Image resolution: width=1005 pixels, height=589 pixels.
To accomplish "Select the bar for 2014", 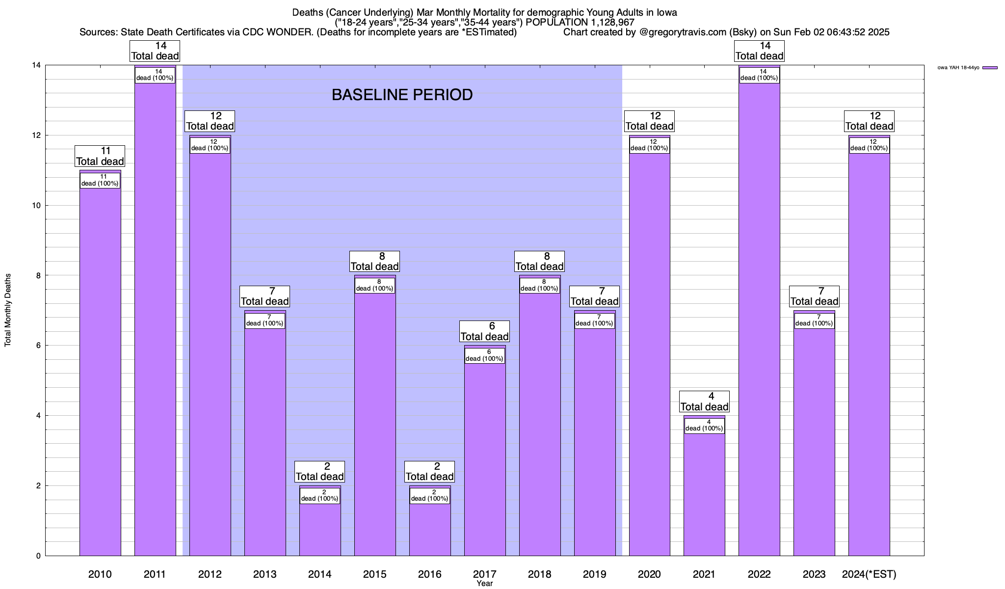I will tap(320, 530).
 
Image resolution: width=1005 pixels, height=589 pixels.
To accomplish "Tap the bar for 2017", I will tap(485, 461).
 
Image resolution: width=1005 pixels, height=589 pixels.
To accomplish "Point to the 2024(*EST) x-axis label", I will tap(869, 574).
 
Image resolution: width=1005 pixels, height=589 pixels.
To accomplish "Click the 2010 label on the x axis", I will tap(100, 574).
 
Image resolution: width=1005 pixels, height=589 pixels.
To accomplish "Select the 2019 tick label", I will tap(594, 574).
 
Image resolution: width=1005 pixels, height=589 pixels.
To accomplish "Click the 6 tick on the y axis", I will tap(37, 346).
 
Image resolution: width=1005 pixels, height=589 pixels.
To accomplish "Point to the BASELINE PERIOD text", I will tap(402, 95).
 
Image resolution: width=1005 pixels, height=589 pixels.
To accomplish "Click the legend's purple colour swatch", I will tap(990, 68).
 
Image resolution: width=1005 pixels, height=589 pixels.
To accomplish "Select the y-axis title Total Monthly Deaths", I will tap(8, 310).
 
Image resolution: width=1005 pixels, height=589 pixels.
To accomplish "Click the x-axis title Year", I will tap(484, 584).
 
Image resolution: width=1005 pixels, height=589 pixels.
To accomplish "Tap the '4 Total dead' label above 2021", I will tap(704, 402).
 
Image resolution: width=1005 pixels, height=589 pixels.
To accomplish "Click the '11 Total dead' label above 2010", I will tap(100, 156).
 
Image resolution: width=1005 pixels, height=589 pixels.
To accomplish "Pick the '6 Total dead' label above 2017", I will tap(485, 331).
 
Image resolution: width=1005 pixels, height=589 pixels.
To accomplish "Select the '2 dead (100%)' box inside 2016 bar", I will tap(430, 495).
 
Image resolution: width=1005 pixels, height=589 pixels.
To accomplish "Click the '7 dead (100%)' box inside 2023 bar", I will tap(814, 320).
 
